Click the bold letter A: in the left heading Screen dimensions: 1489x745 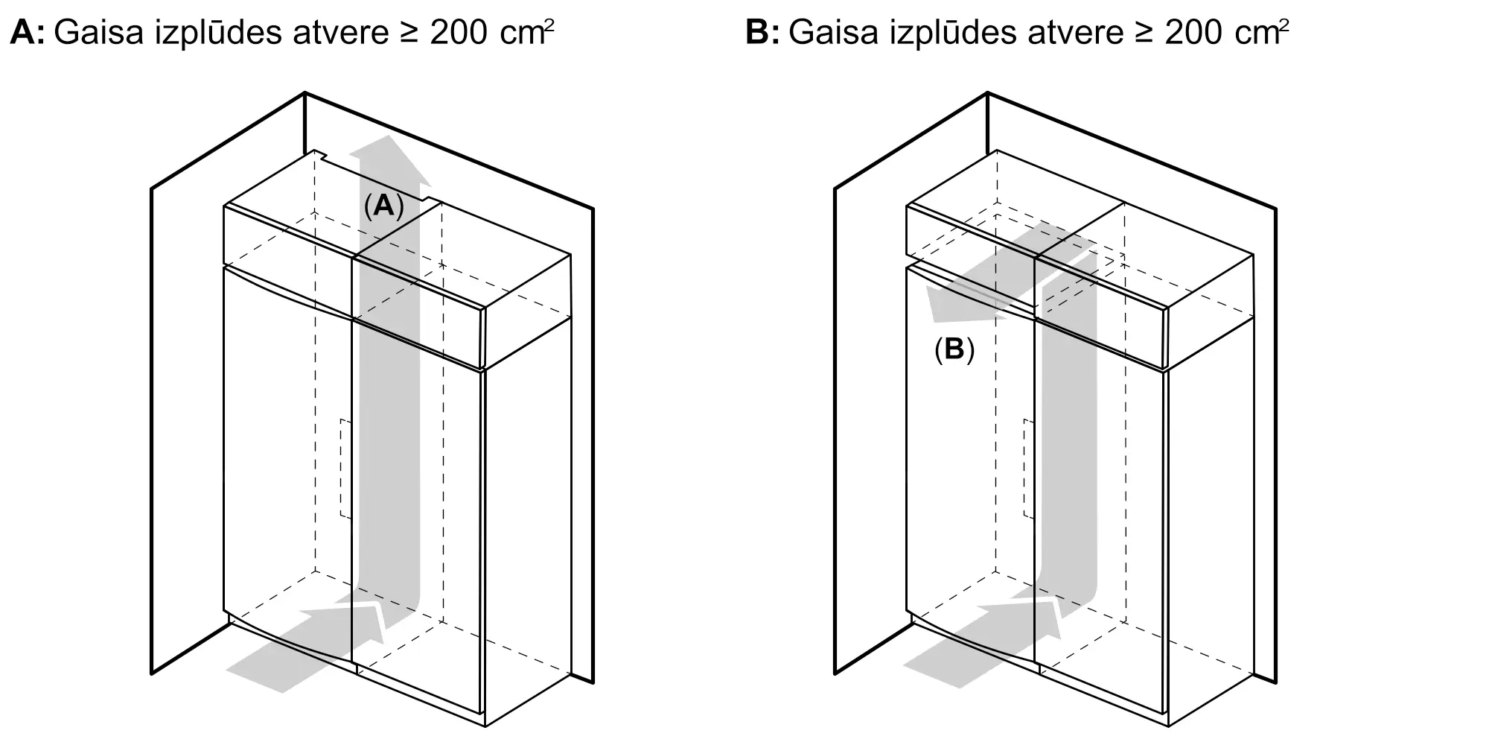coord(27,34)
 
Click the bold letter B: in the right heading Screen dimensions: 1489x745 coord(762,34)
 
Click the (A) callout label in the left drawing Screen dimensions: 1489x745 coord(383,206)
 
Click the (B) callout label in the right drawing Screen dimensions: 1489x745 coord(954,349)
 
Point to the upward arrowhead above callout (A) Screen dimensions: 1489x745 coord(390,160)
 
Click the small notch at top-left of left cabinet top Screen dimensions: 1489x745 coord(322,154)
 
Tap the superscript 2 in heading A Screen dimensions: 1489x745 coord(549,25)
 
